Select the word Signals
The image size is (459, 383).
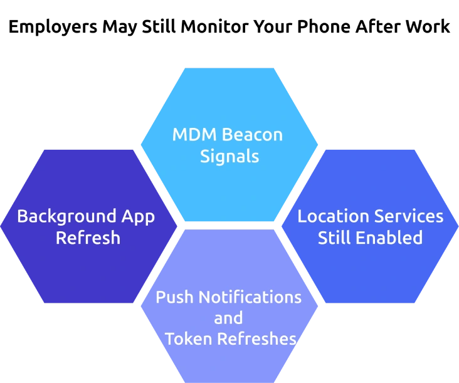[229, 156]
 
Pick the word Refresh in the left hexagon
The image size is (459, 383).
[88, 238]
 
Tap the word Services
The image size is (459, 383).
[408, 216]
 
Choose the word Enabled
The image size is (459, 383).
[389, 238]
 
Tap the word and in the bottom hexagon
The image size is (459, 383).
[228, 318]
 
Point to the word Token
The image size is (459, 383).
[187, 339]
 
